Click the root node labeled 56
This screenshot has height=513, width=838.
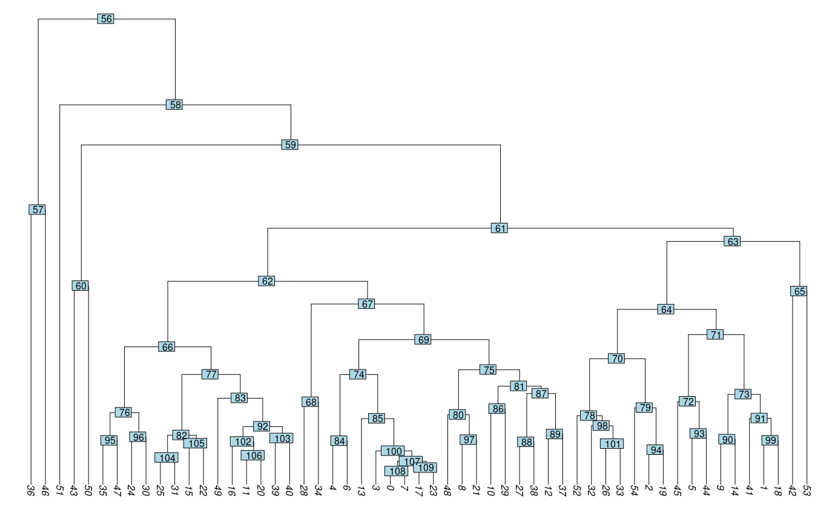106,19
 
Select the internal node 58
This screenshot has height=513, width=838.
174,105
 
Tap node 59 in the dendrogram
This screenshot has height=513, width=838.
291,145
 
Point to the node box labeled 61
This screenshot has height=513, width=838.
500,228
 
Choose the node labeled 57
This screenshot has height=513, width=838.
38,210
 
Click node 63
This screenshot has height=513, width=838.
733,241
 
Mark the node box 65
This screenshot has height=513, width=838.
799,291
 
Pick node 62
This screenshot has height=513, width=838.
266,281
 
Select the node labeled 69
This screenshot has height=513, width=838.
423,339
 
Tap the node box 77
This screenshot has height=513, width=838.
210,374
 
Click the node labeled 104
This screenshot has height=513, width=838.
167,458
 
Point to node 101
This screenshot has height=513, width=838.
612,444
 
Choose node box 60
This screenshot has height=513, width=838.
81,286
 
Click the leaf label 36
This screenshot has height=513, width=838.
31,491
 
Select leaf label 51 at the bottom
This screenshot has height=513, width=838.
59,491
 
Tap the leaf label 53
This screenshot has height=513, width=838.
807,491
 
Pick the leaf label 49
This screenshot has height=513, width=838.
217,491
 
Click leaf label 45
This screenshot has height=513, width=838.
678,491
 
